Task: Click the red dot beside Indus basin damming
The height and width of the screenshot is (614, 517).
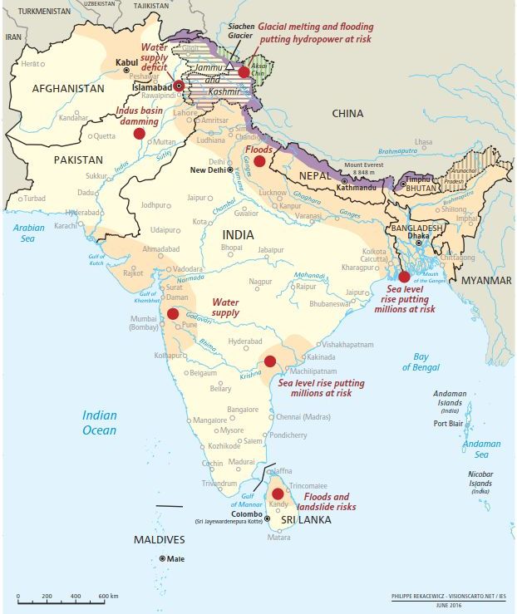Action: [x=139, y=132]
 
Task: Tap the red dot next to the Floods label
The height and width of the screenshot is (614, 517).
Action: [x=259, y=161]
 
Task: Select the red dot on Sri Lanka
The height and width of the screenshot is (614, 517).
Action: [x=278, y=494]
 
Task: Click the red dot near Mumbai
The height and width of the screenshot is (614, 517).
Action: [x=173, y=313]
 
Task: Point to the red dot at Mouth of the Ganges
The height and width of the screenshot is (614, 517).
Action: [x=404, y=278]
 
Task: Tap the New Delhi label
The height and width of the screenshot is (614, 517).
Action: [x=209, y=170]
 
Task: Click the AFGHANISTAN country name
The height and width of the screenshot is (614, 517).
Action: [x=68, y=88]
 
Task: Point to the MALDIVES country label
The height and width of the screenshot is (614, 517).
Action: [x=160, y=540]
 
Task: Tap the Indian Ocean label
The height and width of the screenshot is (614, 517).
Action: [x=99, y=423]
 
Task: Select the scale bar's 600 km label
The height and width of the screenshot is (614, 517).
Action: [x=108, y=597]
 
